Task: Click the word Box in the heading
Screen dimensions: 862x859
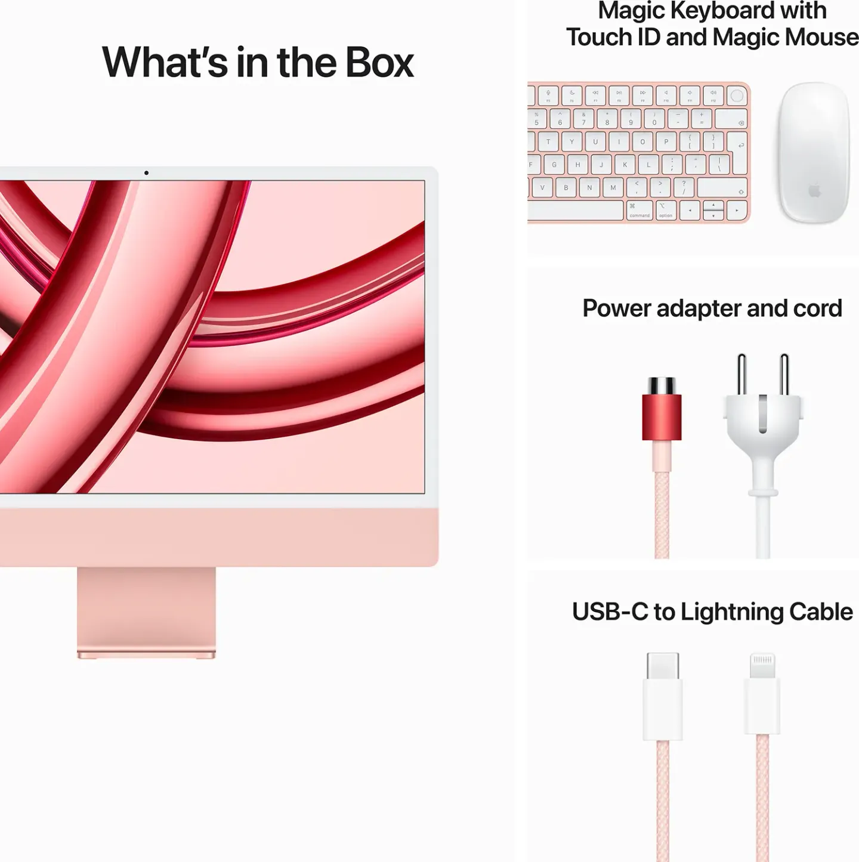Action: (379, 63)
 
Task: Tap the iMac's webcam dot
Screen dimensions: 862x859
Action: (146, 173)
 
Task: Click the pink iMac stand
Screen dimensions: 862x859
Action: (146, 611)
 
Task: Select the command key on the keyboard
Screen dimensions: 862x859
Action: (639, 210)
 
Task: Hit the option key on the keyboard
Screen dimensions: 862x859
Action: (666, 210)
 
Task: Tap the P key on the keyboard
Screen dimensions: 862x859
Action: (666, 142)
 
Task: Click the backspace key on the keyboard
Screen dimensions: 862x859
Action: (731, 119)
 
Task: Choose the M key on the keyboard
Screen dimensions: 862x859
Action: (613, 188)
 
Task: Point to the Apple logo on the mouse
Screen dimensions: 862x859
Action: (815, 191)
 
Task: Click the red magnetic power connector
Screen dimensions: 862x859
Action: (662, 416)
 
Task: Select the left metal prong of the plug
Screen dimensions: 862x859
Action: (741, 375)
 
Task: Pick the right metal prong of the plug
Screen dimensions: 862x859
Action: (784, 375)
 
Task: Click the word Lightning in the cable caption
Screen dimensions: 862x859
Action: (732, 612)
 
